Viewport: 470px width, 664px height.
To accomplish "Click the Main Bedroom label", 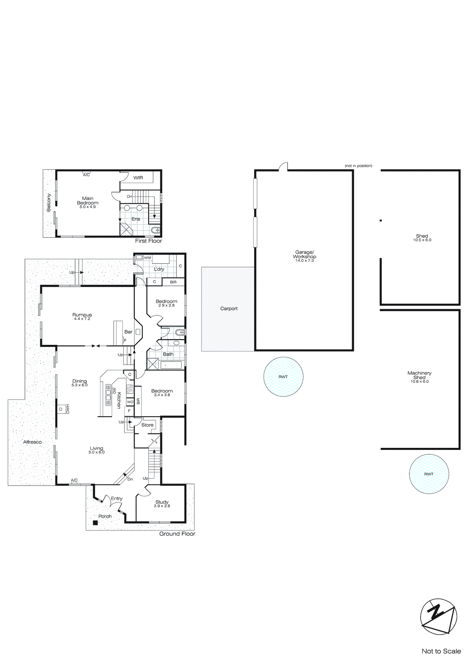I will click(x=88, y=200).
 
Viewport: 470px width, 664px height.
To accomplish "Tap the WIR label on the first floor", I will click(x=138, y=178).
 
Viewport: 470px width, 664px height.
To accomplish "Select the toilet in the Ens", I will click(x=156, y=230).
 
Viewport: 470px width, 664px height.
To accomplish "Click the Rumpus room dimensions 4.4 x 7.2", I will click(x=82, y=319).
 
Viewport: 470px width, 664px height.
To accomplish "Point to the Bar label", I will click(x=128, y=332).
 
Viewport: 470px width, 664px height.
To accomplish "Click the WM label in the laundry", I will click(x=147, y=258).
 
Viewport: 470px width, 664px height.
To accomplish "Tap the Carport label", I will click(x=229, y=308).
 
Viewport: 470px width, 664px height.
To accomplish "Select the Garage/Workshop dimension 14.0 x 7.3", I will click(x=304, y=261).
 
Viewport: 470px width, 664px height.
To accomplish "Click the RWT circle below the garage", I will click(x=283, y=377).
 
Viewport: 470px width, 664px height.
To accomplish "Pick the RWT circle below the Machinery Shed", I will click(x=428, y=474).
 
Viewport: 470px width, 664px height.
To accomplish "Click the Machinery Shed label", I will click(x=419, y=375).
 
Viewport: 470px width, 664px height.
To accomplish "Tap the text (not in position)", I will click(x=358, y=166).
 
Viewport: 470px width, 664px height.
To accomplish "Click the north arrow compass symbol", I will click(x=438, y=616).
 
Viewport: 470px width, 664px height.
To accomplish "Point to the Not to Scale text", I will click(x=441, y=651).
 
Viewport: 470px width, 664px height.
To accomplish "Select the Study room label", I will click(x=162, y=502).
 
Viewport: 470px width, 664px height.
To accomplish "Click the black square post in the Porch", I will click(x=95, y=523).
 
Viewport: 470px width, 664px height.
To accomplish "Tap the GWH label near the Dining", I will click(x=68, y=409).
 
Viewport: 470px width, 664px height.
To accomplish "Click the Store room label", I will click(x=147, y=425).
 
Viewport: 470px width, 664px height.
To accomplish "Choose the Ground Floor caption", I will click(x=177, y=534).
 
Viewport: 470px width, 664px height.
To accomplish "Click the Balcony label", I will click(x=49, y=203).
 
